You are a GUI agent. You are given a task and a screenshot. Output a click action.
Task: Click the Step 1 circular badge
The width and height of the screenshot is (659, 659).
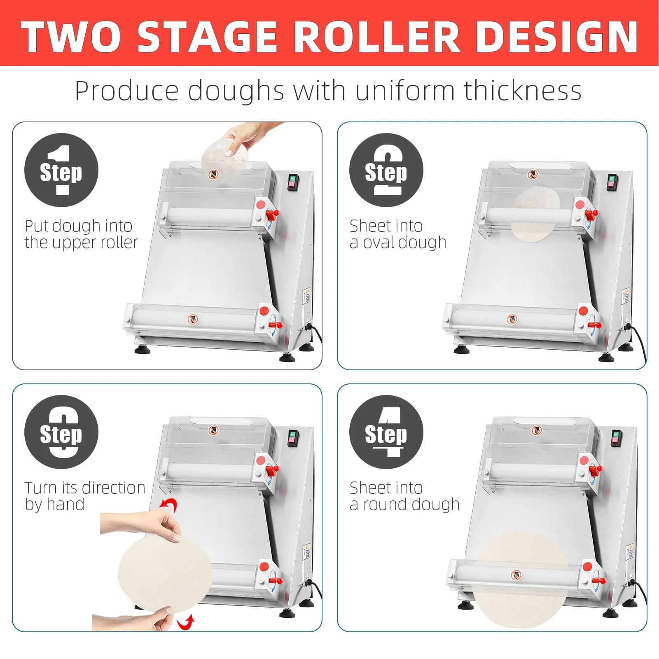click(x=61, y=170)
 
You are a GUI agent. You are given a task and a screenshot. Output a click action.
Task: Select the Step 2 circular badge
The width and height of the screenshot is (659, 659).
click(x=386, y=170)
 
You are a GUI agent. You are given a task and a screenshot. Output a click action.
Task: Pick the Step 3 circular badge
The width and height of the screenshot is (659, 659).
click(x=61, y=432)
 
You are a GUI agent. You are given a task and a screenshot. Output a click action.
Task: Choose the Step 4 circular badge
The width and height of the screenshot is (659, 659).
click(x=386, y=432)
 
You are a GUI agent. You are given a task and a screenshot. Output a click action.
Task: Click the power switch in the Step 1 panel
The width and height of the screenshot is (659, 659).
click(x=292, y=182)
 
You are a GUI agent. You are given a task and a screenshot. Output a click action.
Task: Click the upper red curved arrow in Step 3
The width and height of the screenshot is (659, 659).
click(x=169, y=505)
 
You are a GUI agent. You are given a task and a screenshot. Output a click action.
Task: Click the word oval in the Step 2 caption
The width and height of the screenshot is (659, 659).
click(x=378, y=243)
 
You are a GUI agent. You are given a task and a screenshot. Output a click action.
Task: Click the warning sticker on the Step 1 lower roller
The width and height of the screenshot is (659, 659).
click(x=192, y=319)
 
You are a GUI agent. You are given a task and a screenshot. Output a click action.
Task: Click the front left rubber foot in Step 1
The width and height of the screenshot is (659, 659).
click(x=142, y=350)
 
